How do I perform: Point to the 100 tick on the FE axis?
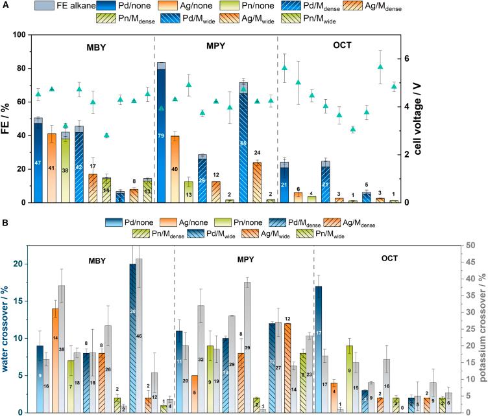19,35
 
